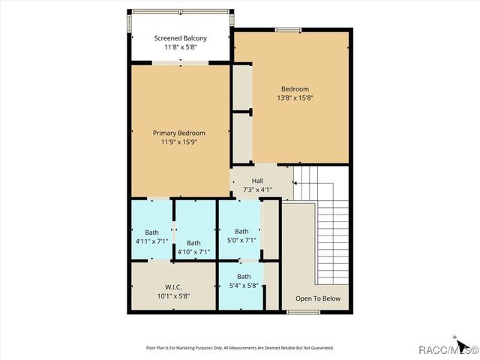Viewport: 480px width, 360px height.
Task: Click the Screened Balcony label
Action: [x=180, y=38]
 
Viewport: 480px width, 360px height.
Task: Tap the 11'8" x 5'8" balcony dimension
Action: [x=180, y=47]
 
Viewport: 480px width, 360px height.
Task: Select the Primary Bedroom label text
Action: [x=179, y=133]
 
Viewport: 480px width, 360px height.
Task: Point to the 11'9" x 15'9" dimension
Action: [x=179, y=142]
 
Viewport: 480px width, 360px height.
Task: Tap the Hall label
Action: [x=257, y=181]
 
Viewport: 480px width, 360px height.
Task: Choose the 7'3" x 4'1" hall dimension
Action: [x=257, y=190]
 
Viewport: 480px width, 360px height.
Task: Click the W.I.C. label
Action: [x=173, y=286]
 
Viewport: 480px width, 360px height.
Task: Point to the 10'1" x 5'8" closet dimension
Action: [x=173, y=295]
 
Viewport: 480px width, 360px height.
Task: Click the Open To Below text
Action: [x=318, y=298]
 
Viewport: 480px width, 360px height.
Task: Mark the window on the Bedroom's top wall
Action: [x=287, y=30]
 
